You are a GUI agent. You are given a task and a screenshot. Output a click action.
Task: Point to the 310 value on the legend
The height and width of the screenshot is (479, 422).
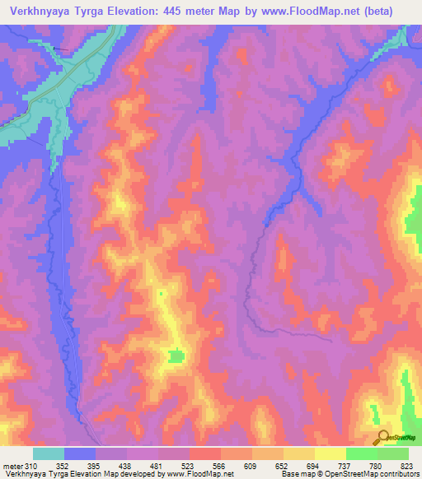pyautogui.click(x=33, y=467)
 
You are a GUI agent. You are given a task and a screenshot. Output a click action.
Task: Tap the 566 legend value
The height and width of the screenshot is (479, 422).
pyautogui.click(x=221, y=467)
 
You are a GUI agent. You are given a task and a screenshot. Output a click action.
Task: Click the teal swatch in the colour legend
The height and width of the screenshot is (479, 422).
pyautogui.click(x=49, y=453)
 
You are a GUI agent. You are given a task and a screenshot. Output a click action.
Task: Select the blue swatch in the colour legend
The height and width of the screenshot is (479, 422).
pyautogui.click(x=80, y=453)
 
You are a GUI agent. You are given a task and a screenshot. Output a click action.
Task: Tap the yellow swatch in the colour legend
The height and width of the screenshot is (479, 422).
pyautogui.click(x=331, y=453)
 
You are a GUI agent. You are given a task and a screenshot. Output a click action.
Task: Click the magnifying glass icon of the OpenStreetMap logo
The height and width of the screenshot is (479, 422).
pyautogui.click(x=383, y=436)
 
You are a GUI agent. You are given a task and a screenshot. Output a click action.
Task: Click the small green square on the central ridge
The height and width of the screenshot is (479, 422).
pyautogui.click(x=175, y=356)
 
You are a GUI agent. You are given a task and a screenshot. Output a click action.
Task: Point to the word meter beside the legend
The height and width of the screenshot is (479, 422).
pyautogui.click(x=12, y=467)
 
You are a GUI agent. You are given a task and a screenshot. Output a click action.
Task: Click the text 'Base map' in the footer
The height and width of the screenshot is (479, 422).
pyautogui.click(x=298, y=474)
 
